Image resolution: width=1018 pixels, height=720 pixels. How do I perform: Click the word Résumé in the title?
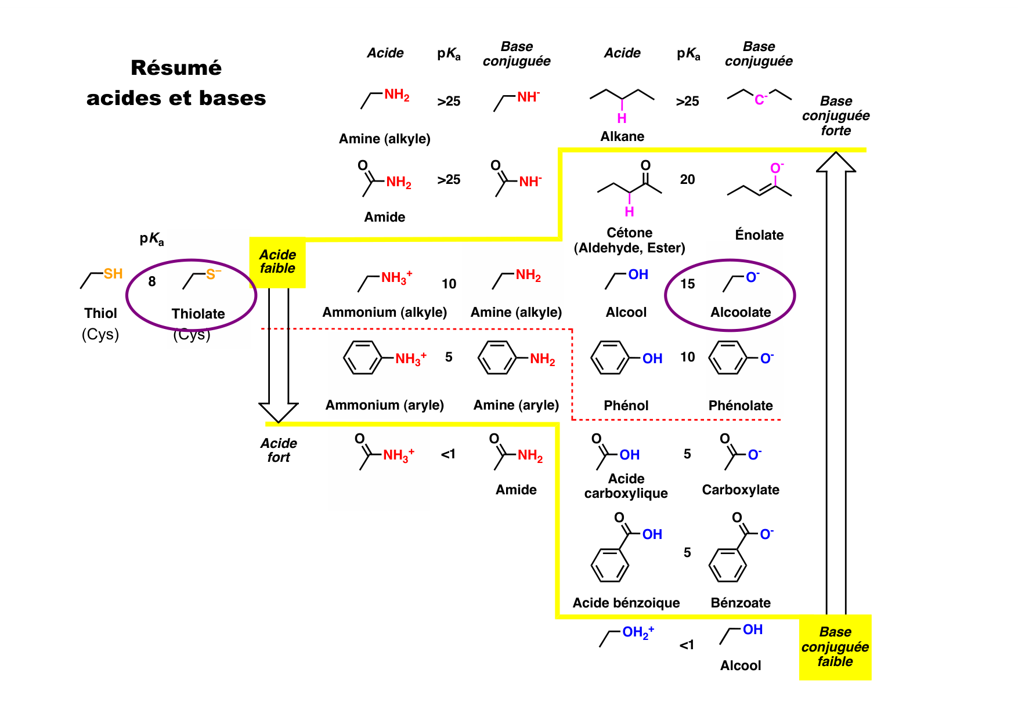pyautogui.click(x=176, y=68)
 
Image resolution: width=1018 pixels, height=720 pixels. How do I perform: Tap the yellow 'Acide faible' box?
pyautogui.click(x=277, y=262)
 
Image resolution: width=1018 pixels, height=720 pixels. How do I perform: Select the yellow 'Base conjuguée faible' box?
pyautogui.click(x=835, y=647)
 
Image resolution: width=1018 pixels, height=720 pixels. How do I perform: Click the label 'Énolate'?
pyautogui.click(x=759, y=235)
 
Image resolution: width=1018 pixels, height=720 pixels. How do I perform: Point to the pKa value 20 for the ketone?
pyautogui.click(x=687, y=180)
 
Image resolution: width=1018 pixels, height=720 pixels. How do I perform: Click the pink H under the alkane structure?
pyautogui.click(x=622, y=118)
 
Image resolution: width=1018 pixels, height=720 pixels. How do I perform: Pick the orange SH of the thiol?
pyautogui.click(x=113, y=274)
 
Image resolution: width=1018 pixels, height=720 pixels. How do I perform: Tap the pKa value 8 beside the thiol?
pyautogui.click(x=152, y=282)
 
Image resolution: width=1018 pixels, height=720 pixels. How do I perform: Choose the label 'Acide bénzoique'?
pyautogui.click(x=626, y=603)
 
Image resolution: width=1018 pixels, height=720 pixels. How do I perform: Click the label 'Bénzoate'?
pyautogui.click(x=741, y=603)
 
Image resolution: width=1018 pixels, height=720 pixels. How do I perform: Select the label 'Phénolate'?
pyautogui.click(x=741, y=406)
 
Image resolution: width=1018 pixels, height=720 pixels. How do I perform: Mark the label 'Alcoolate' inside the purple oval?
pyautogui.click(x=741, y=312)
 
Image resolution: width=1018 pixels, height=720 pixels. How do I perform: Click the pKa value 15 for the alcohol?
pyautogui.click(x=688, y=284)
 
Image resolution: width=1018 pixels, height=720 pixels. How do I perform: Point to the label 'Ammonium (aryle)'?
pyautogui.click(x=384, y=405)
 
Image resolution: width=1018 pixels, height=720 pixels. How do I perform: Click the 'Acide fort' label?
pyautogui.click(x=279, y=450)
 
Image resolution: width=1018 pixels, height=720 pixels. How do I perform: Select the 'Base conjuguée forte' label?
pyautogui.click(x=836, y=116)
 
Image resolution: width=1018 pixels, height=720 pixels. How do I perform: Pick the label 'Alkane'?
pyautogui.click(x=622, y=136)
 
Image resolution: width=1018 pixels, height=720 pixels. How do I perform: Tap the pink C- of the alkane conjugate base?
pyautogui.click(x=760, y=100)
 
